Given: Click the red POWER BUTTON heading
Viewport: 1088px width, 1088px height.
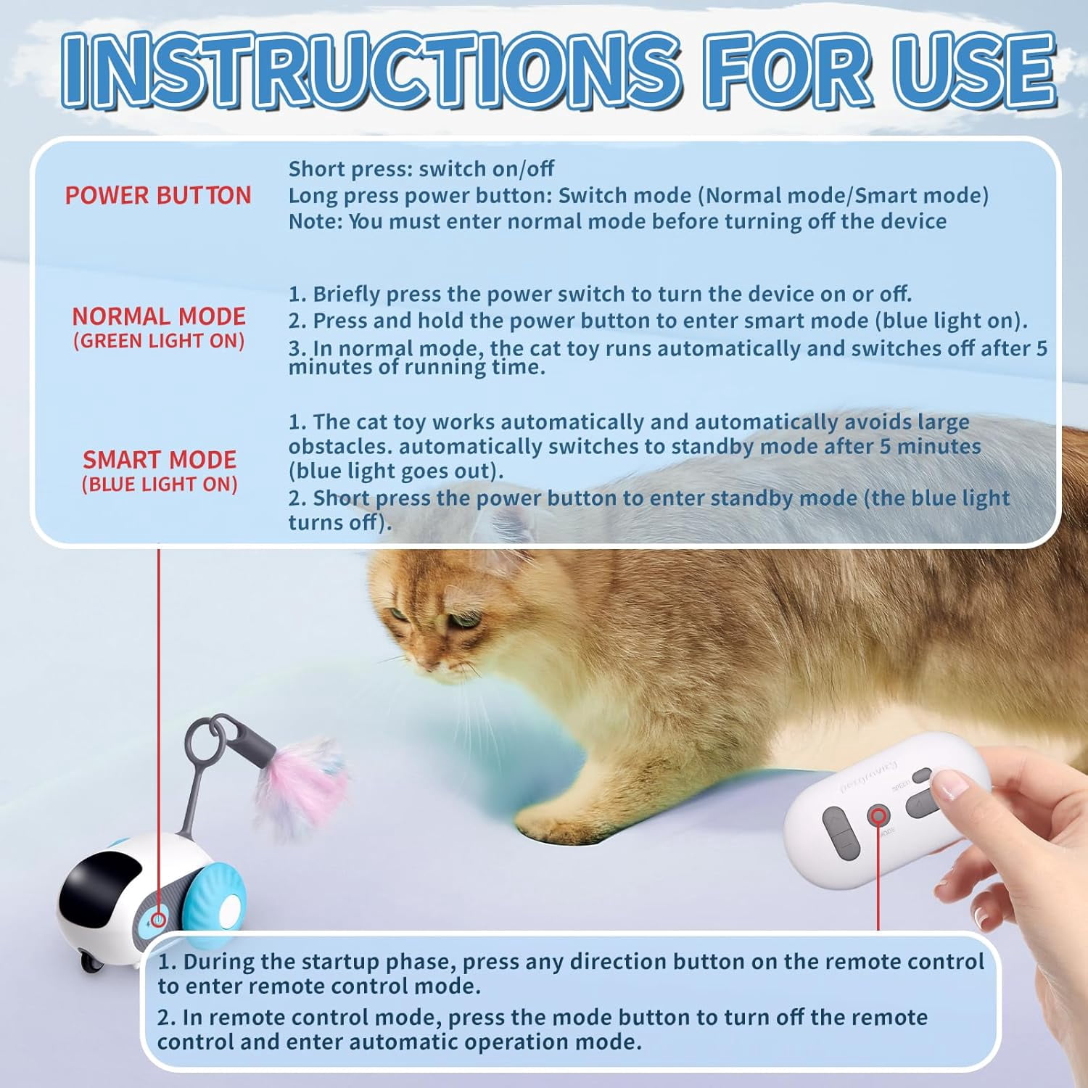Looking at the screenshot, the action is click(158, 195).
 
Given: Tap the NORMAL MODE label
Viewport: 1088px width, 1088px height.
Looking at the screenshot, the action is click(159, 316).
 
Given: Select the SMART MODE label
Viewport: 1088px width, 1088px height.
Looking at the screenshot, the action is click(160, 460).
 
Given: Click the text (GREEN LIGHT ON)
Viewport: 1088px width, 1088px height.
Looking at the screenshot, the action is click(159, 341).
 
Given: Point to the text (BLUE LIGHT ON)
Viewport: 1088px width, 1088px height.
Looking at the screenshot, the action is click(160, 485).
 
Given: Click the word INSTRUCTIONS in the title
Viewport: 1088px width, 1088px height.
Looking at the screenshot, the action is click(370, 70).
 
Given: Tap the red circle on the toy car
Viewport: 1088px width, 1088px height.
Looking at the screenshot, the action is click(157, 920).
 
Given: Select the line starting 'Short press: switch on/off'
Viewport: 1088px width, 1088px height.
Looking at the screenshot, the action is click(421, 169).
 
